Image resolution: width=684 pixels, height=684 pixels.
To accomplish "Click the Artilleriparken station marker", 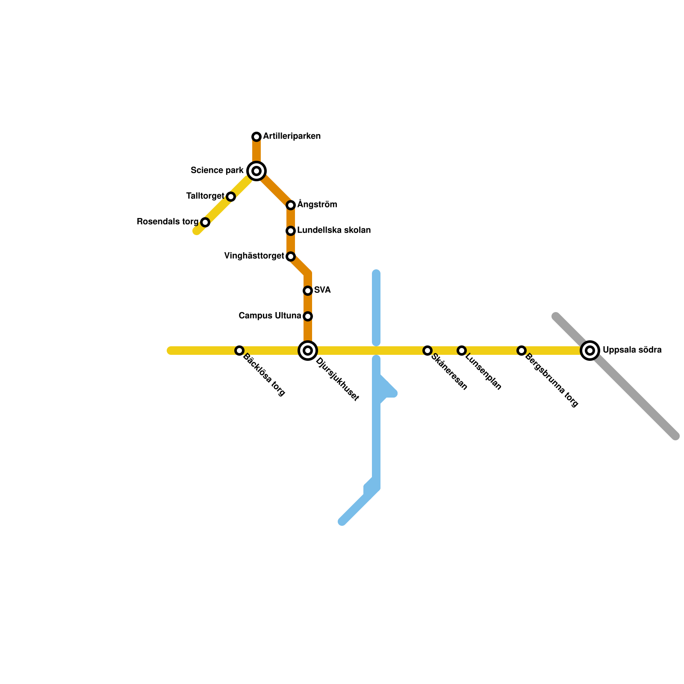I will pos(256,137).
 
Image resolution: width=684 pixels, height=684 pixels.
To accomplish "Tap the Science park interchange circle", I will pos(256,171).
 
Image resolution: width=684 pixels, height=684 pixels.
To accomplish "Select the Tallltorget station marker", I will pos(231,197).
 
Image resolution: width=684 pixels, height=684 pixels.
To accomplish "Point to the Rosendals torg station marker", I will pos(205,222).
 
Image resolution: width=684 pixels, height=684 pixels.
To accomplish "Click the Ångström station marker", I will pos(291,205).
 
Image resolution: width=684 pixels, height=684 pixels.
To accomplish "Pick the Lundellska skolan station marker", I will pos(291,231).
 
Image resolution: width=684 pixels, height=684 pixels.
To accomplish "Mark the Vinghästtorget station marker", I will pos(291,256).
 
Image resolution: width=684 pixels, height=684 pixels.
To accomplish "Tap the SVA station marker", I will pos(308,291).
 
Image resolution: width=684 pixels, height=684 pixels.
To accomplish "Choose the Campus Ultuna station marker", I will pos(308,316).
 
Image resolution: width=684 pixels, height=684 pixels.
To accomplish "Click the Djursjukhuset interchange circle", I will pos(308,351).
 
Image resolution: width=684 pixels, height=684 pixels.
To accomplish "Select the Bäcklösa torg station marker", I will pos(239,351).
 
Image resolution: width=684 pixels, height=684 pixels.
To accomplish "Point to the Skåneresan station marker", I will pos(427,351).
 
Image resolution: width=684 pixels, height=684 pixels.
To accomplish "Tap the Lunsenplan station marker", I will pos(462,351).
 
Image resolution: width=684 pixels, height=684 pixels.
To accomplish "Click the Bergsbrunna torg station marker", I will pos(522,351).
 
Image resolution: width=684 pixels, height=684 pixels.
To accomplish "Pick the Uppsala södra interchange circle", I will pos(590,351).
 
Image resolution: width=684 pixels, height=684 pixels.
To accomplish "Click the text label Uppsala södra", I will pos(632,350).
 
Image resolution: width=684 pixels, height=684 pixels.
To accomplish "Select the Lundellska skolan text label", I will pos(334,230).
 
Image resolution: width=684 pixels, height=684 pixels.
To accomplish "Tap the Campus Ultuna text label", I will pos(270,316).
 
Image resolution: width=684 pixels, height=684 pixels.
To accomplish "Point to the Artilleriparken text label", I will pos(292,136).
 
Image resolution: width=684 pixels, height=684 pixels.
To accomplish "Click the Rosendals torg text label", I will pos(168,222).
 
